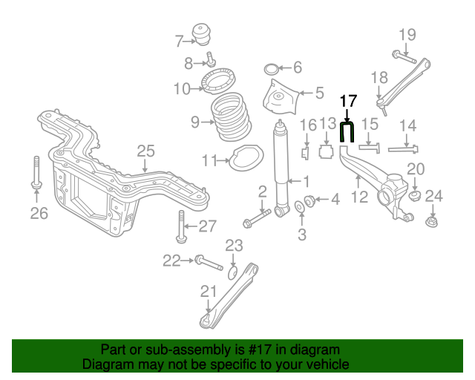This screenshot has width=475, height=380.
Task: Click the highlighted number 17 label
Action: (348, 101)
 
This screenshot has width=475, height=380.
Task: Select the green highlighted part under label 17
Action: (347, 133)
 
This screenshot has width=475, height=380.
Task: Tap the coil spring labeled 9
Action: (232, 120)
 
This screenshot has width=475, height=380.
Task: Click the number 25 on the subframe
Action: (145, 151)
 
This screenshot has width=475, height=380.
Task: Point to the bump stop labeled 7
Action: (202, 35)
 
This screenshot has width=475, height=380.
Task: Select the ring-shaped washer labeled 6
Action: (272, 69)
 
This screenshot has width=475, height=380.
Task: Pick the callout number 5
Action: (319, 93)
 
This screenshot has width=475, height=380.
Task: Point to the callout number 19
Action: (407, 34)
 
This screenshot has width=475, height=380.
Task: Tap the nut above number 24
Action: (432, 221)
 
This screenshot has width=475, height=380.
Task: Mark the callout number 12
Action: (359, 197)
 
